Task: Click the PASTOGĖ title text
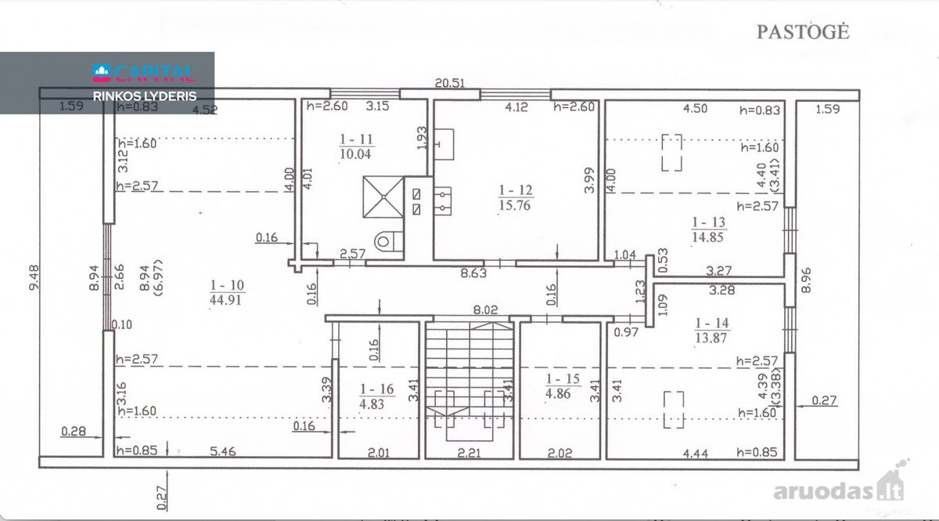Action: pyautogui.click(x=803, y=32)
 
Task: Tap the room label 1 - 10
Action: pyautogui.click(x=227, y=285)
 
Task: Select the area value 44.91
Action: pyautogui.click(x=225, y=300)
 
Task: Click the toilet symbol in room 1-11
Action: pyautogui.click(x=389, y=241)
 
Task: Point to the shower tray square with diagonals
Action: pyautogui.click(x=383, y=197)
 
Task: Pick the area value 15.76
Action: pyautogui.click(x=515, y=205)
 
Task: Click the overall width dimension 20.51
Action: pyautogui.click(x=450, y=83)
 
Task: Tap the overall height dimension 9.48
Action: pyautogui.click(x=34, y=277)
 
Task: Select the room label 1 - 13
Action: pyautogui.click(x=708, y=223)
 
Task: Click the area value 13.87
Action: pyautogui.click(x=711, y=338)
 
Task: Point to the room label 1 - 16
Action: pyautogui.click(x=377, y=389)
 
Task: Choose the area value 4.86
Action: pyautogui.click(x=558, y=394)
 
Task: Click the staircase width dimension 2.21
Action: pyautogui.click(x=469, y=453)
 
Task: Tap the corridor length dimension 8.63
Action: pyautogui.click(x=473, y=273)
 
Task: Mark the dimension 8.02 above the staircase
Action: pyautogui.click(x=485, y=309)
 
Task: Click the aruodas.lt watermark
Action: pyautogui.click(x=838, y=487)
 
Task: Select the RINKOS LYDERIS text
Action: pyautogui.click(x=145, y=96)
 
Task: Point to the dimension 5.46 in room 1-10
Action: pyautogui.click(x=222, y=452)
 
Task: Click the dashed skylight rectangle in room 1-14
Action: pyautogui.click(x=674, y=410)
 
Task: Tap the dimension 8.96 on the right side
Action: pyautogui.click(x=806, y=280)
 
